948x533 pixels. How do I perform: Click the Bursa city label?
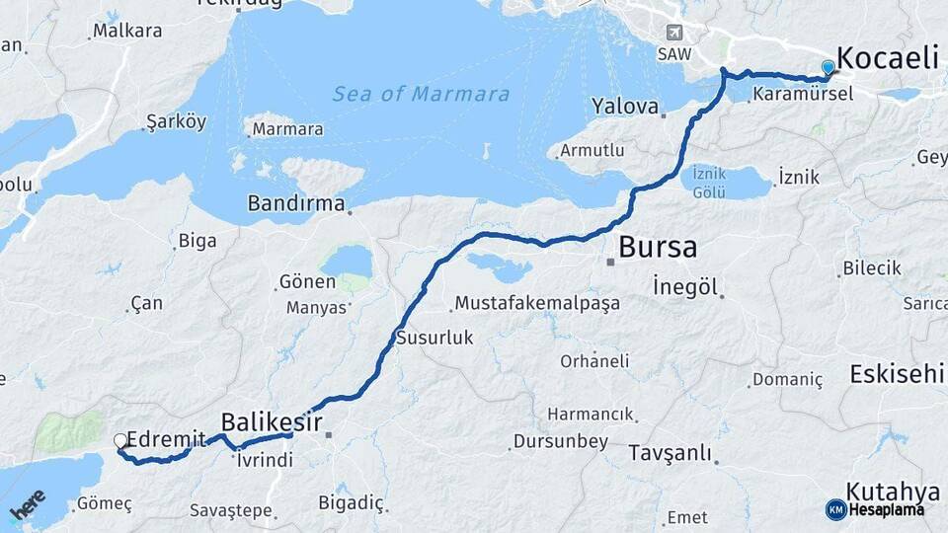[657, 247]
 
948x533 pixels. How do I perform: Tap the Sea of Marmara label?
[421, 95]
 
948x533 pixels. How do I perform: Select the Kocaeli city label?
[887, 57]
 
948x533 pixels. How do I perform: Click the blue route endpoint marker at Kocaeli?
[828, 67]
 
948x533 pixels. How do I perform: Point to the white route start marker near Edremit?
[120, 441]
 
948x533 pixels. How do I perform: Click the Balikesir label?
[273, 421]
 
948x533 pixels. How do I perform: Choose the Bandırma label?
[295, 205]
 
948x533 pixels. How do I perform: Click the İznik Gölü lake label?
[709, 182]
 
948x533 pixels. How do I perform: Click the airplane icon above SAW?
[674, 33]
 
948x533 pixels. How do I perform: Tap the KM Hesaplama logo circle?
[835, 509]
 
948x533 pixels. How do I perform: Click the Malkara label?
[127, 31]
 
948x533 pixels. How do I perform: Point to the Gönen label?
[307, 282]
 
